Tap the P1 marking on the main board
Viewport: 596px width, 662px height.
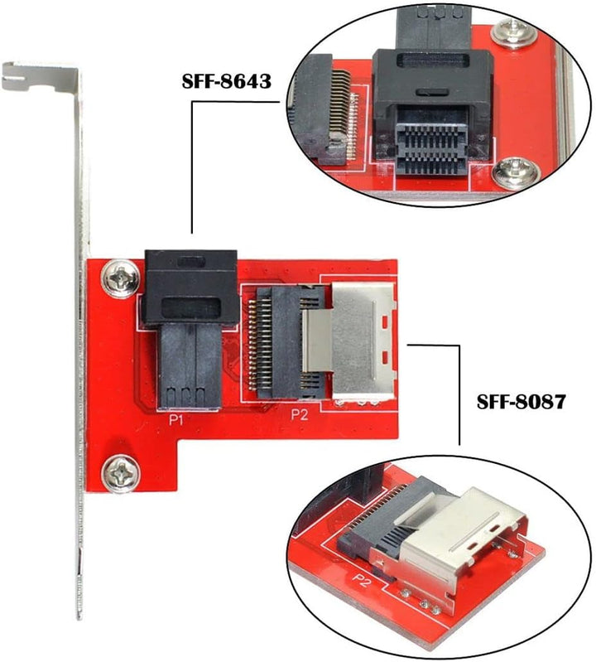(x=176, y=420)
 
